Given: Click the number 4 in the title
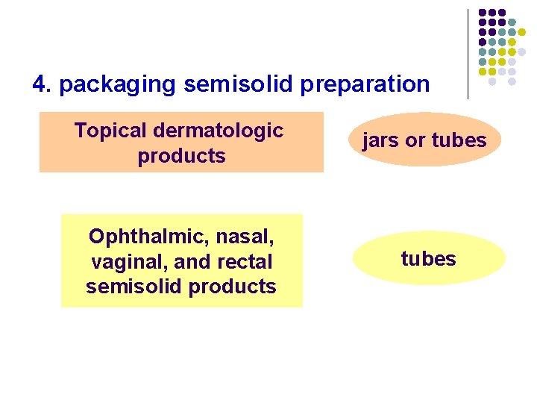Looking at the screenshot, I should click(39, 84).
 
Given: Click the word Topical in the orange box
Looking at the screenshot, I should click(110, 131).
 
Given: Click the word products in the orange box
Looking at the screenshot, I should click(181, 156).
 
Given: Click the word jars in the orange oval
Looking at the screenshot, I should click(379, 140).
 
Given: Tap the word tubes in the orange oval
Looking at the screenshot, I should click(459, 140).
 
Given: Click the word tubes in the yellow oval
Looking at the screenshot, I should click(428, 259).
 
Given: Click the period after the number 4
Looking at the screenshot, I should click(49, 90).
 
